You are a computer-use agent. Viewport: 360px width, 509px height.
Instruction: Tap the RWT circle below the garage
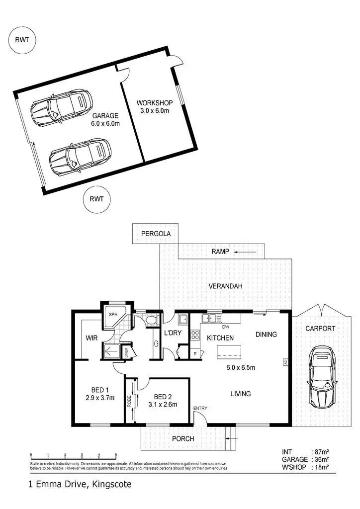point(96,199)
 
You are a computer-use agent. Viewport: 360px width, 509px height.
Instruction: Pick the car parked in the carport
point(321,378)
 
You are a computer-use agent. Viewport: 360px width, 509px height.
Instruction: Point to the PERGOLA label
point(155,233)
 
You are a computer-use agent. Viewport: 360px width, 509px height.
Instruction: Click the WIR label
point(91,338)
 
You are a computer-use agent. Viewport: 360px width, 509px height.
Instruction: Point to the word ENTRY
point(201,409)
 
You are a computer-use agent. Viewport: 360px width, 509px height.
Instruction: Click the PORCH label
point(182,439)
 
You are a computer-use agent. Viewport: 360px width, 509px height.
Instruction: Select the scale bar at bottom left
point(73,455)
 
